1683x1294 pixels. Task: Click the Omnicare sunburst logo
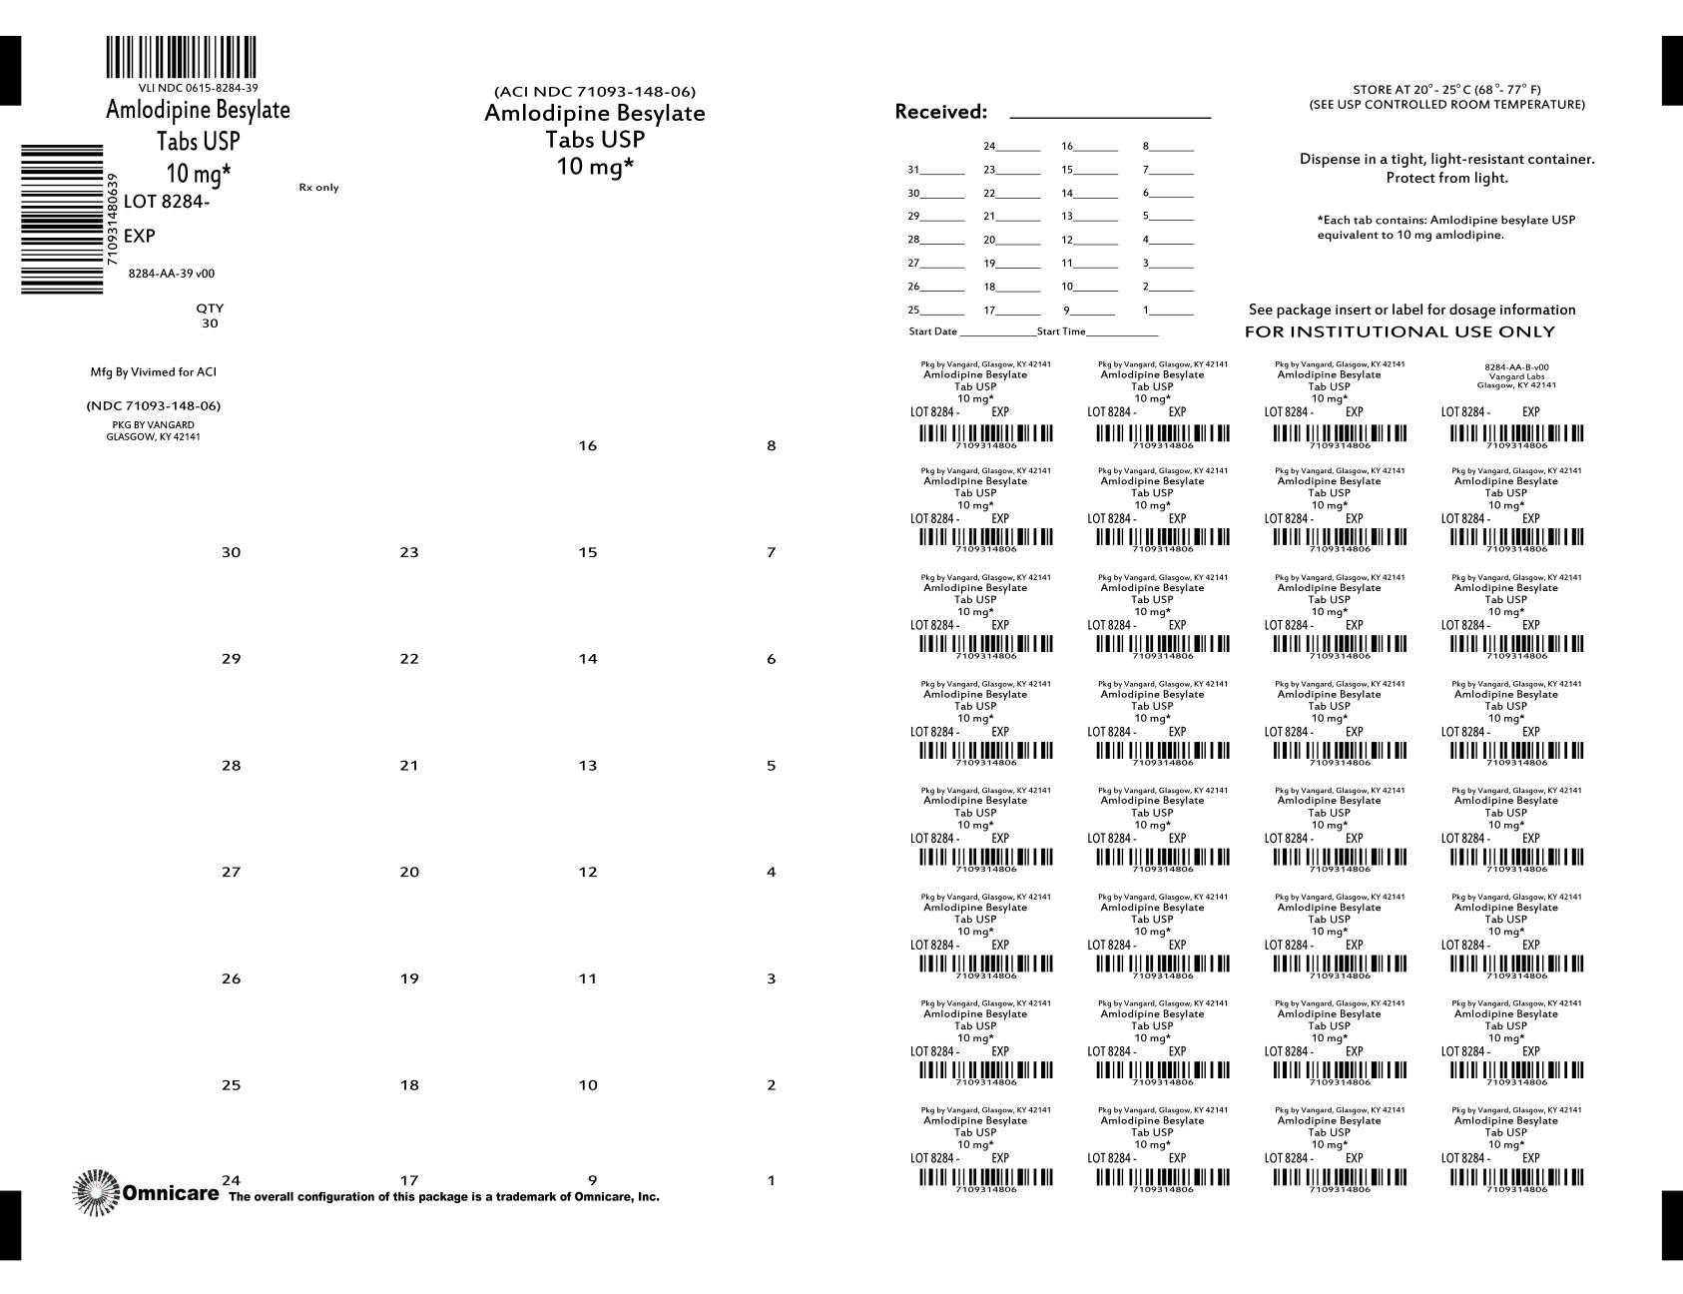[95, 1192]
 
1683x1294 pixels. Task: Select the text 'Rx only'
[318, 188]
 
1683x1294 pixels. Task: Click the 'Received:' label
[940, 112]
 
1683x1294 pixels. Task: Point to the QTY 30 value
[210, 323]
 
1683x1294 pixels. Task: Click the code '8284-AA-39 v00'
[172, 274]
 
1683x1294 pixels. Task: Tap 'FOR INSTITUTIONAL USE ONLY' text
[1400, 331]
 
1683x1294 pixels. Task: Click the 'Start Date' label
[932, 331]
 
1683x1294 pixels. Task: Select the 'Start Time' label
[1061, 331]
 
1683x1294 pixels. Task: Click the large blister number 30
[231, 552]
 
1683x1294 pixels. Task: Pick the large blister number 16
[588, 445]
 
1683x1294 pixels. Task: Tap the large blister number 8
[771, 445]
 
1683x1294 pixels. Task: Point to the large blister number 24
[231, 1180]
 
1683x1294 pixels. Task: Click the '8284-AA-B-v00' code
[1516, 367]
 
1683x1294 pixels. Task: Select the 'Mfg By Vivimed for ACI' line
[153, 372]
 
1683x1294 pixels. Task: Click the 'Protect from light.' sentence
[1446, 178]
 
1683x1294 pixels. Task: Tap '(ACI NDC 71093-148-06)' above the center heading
[595, 92]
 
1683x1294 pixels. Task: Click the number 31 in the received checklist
[913, 170]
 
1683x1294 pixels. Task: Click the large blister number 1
[771, 1180]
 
